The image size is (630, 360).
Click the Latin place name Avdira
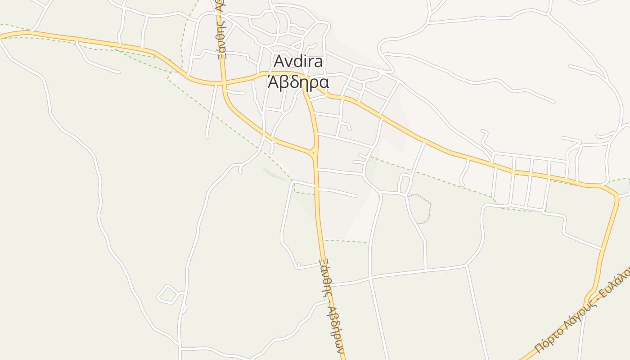[298, 61]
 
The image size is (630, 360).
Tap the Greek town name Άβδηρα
[298, 82]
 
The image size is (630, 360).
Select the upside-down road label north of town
[220, 29]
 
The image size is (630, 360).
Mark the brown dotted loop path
[421, 208]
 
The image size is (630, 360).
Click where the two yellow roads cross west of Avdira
[223, 83]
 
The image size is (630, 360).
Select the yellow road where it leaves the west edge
[3, 36]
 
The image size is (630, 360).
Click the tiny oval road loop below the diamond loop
[184, 309]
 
